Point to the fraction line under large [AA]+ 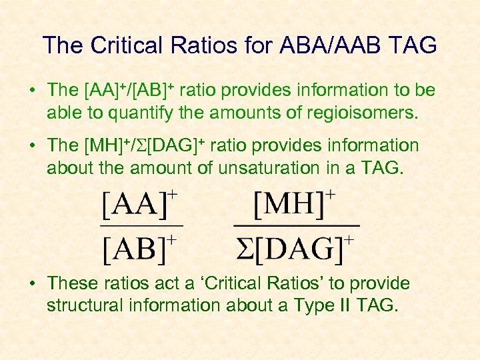(x=141, y=227)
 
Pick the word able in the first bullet (x=61, y=113)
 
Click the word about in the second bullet (x=67, y=168)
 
